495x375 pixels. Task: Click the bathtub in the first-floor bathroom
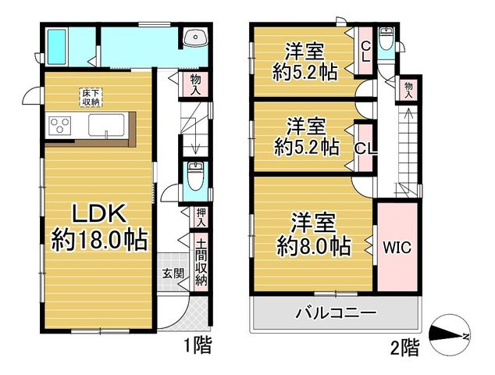click(x=57, y=47)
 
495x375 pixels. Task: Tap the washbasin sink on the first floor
click(x=196, y=37)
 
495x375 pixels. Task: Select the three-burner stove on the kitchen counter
click(x=59, y=125)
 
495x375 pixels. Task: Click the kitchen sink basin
click(x=106, y=125)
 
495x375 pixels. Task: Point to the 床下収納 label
click(x=91, y=98)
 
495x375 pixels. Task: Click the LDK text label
click(x=99, y=213)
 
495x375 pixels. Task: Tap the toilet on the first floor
click(x=195, y=176)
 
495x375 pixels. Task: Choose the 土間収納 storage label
click(x=201, y=262)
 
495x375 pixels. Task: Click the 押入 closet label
click(x=201, y=217)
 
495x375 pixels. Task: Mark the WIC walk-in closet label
click(x=397, y=248)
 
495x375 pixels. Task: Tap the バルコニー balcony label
click(x=337, y=313)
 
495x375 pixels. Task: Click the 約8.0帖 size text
click(x=314, y=246)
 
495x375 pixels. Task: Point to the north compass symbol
click(x=450, y=335)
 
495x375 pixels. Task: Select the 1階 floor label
click(x=198, y=345)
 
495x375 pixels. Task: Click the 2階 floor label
click(x=406, y=348)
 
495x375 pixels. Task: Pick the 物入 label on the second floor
click(x=408, y=90)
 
